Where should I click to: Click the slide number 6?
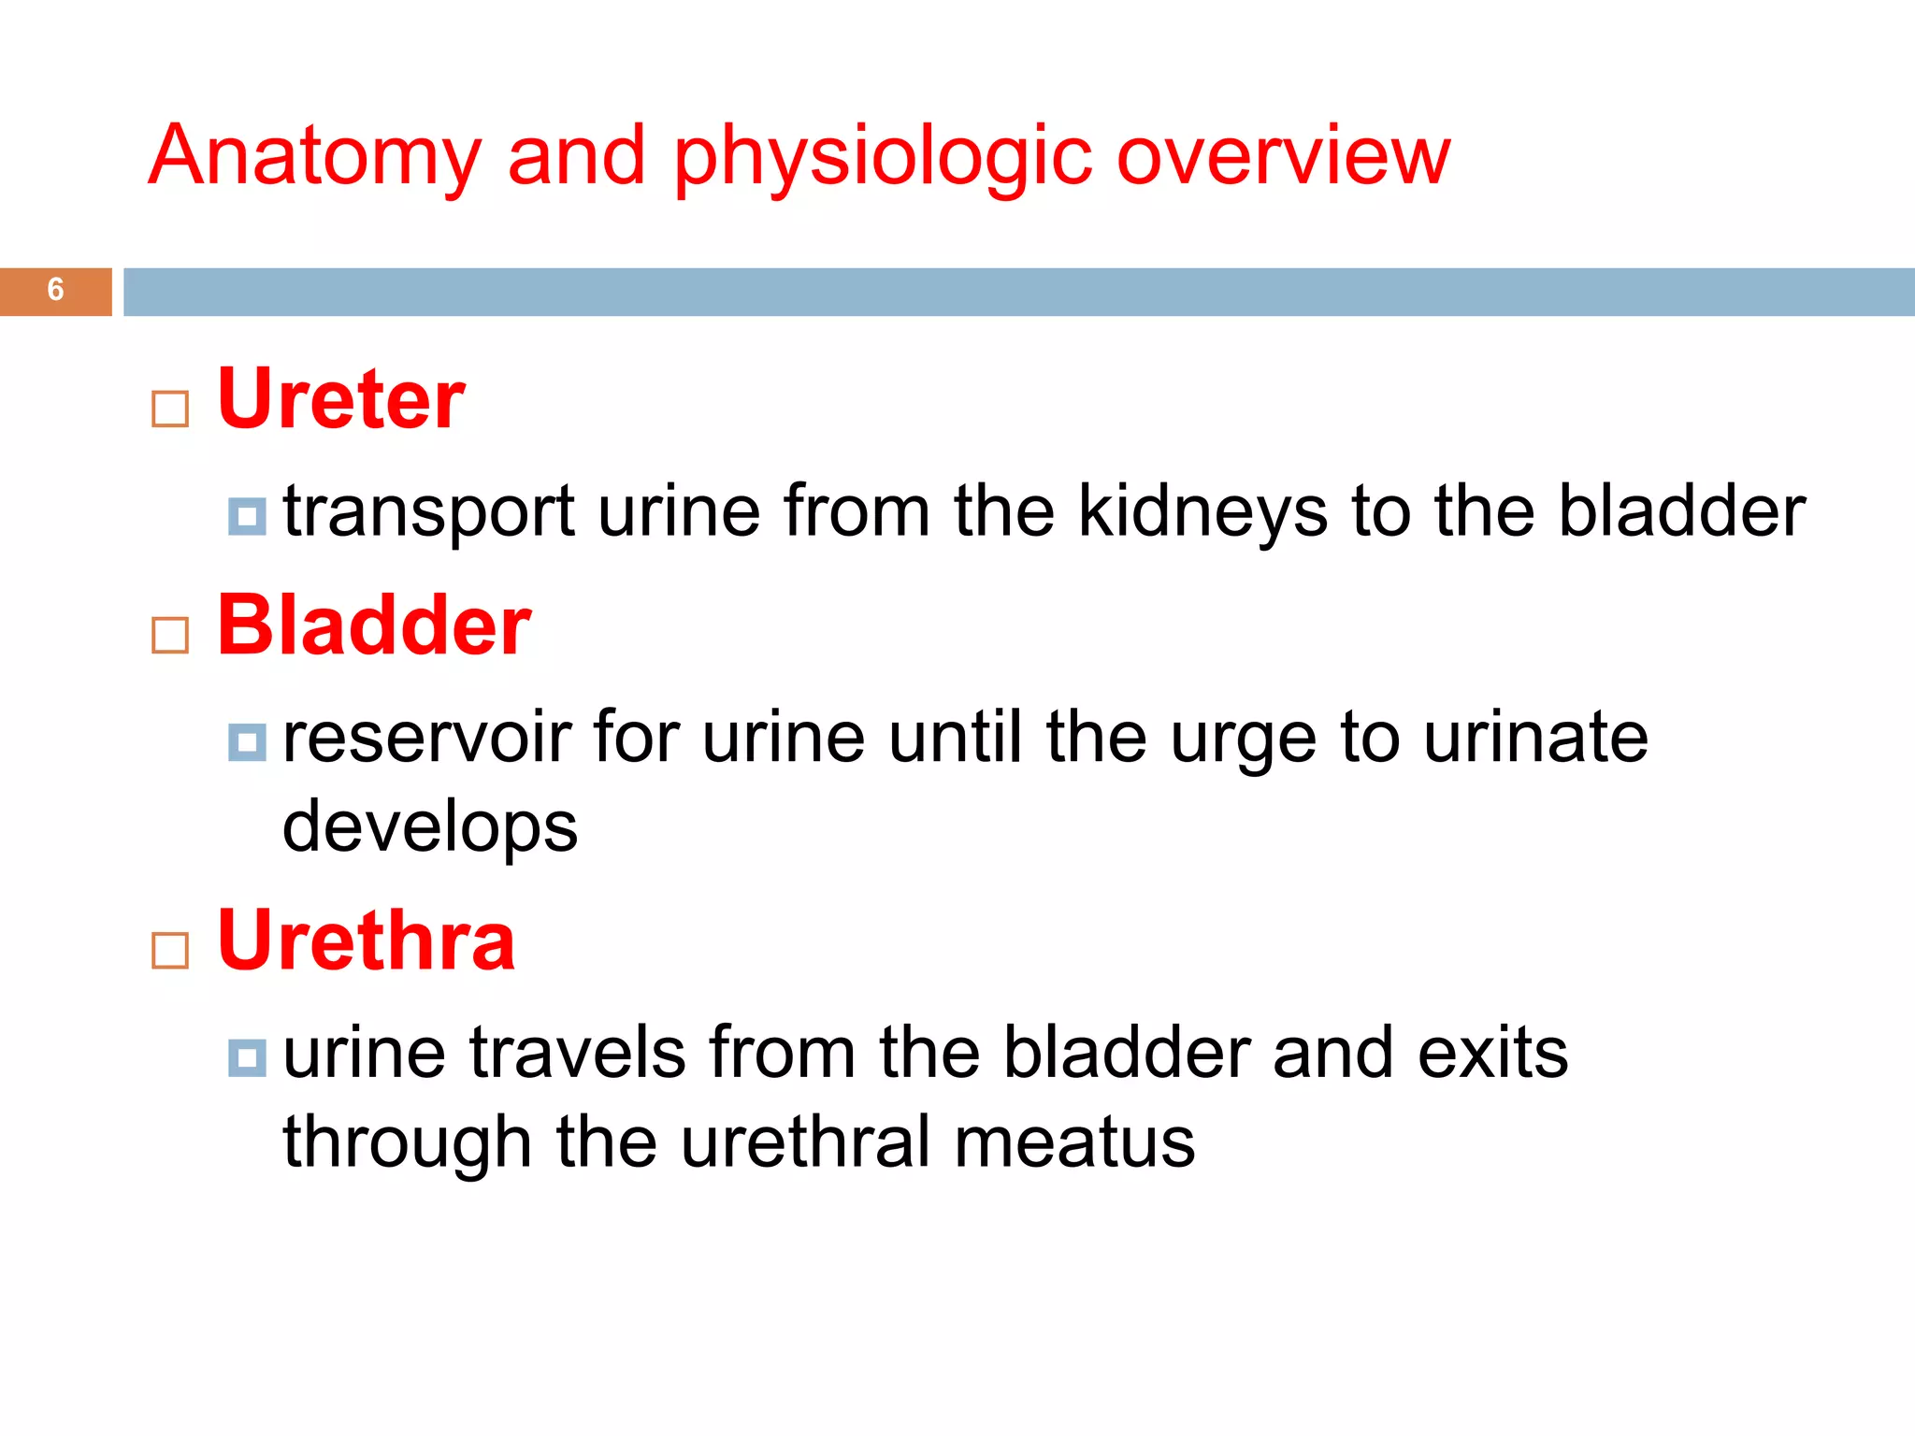point(55,290)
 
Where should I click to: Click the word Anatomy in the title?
point(315,156)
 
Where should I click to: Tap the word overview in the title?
point(1283,156)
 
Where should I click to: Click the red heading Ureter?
point(340,399)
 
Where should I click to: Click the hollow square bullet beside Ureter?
point(170,409)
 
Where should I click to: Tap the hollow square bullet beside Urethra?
point(170,951)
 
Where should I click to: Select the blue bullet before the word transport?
point(247,516)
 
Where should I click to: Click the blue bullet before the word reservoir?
point(247,742)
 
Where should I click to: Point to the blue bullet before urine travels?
point(247,1058)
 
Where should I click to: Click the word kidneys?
point(1202,512)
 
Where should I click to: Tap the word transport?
point(428,512)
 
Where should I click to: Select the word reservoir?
point(426,739)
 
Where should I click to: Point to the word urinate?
point(1536,739)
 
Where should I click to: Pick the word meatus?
point(1074,1142)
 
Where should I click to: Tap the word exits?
point(1492,1054)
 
